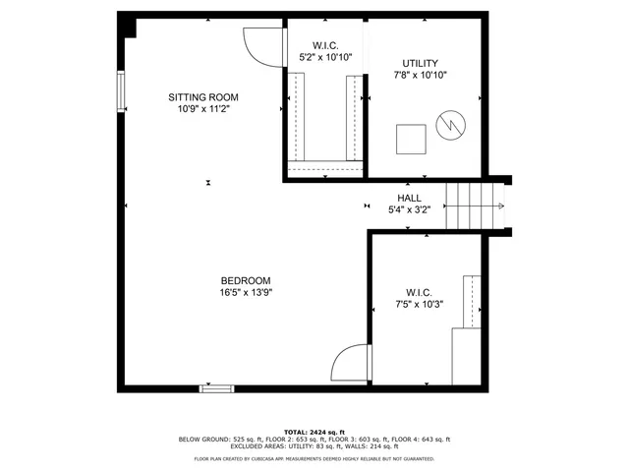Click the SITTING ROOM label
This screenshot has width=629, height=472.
203,97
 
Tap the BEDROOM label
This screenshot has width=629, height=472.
245,280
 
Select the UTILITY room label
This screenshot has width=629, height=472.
422,63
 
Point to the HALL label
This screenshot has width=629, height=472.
410,198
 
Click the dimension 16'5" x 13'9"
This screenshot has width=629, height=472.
245,292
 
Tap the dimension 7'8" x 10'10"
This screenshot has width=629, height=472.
422,75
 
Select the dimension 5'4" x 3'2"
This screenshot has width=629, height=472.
410,209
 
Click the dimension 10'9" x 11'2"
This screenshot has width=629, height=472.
203,109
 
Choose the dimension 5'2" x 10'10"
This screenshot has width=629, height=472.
325,57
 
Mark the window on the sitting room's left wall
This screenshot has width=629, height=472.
122,91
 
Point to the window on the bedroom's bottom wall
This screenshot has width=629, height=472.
217,388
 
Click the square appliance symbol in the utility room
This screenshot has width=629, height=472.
412,139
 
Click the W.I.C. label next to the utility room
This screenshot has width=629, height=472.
325,45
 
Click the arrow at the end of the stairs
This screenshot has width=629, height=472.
500,206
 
